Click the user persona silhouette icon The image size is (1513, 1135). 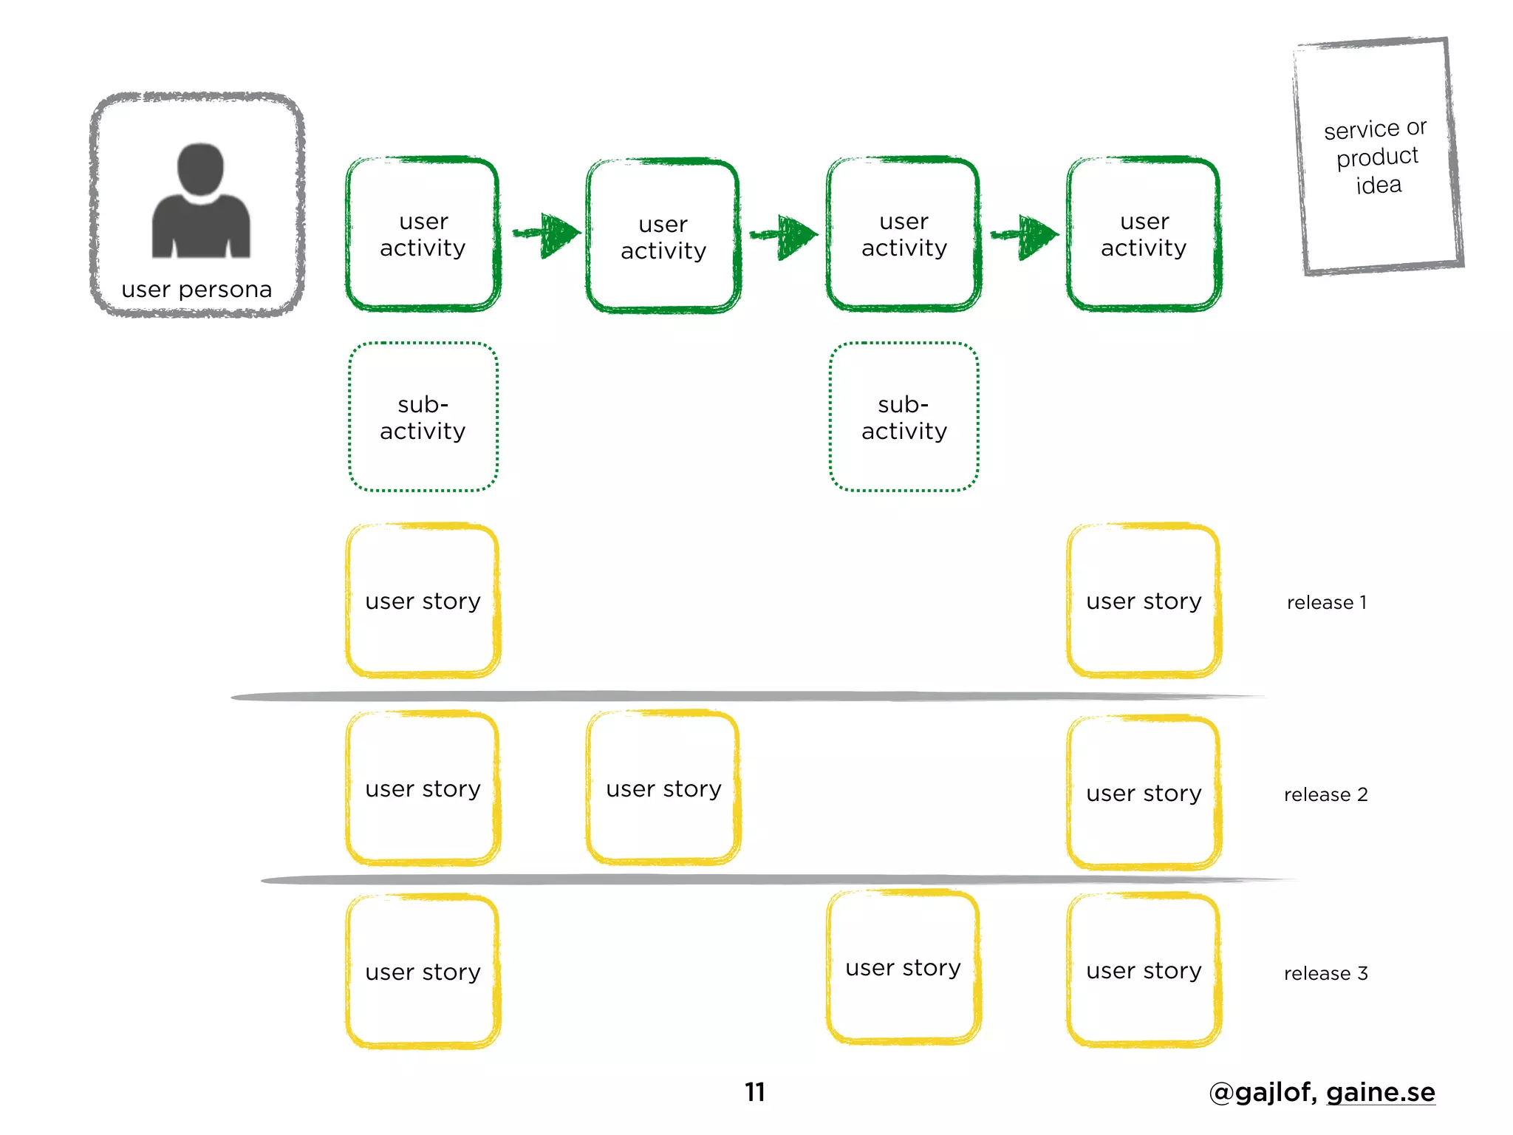(x=201, y=201)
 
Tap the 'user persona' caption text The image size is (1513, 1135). (x=197, y=289)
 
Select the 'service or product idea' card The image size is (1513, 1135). (x=1379, y=156)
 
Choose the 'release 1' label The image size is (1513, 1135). (x=1326, y=602)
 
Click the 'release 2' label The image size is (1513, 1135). (x=1325, y=794)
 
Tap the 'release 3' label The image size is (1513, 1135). (x=1325, y=973)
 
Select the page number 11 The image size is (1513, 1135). (x=754, y=1092)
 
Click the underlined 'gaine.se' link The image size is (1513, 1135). (x=1380, y=1092)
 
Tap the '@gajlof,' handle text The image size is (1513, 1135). (x=1263, y=1092)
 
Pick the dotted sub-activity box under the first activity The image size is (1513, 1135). (x=423, y=417)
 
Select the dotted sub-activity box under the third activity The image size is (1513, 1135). (x=904, y=417)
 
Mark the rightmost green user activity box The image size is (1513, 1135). (x=1144, y=234)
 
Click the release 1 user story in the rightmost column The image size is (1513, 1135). (x=1144, y=601)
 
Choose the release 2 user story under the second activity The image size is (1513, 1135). (x=663, y=788)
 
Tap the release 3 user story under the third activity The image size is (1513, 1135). (x=904, y=967)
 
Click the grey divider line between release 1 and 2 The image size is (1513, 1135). (x=739, y=696)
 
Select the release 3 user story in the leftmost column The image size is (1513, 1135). (x=423, y=972)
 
